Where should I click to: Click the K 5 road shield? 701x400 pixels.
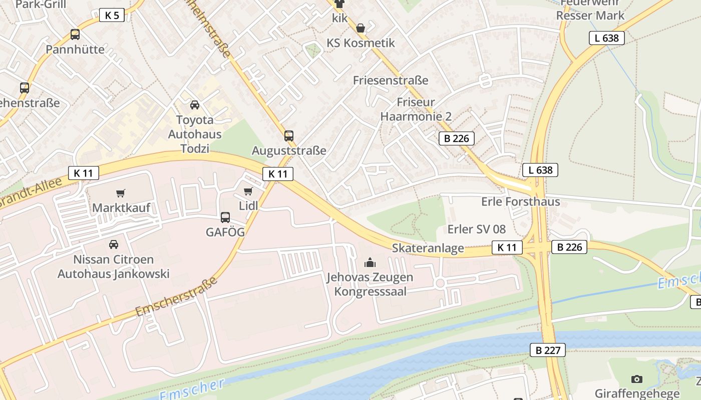[112, 15]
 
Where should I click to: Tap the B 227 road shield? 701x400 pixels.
[548, 350]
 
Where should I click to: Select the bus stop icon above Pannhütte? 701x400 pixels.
[75, 34]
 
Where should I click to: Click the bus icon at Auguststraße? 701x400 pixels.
[289, 135]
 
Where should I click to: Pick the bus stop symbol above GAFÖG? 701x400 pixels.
[225, 217]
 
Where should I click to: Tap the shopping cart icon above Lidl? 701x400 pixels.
[248, 191]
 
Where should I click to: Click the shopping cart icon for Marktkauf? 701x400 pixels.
[121, 193]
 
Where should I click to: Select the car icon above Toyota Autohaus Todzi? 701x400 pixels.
[195, 104]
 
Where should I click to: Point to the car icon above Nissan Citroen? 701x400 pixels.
[114, 244]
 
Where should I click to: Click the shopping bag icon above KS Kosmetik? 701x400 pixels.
[361, 28]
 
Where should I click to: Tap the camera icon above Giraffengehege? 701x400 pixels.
[637, 379]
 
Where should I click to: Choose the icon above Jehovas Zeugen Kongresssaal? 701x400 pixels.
[370, 262]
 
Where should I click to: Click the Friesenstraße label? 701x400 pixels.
[391, 80]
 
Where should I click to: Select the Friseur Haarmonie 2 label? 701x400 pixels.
[416, 109]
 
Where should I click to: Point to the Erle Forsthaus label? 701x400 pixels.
[520, 201]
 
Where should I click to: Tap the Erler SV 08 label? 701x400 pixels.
[476, 229]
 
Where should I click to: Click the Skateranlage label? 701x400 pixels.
[428, 248]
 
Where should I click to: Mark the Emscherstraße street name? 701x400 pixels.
[177, 296]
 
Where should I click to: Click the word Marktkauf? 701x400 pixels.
[121, 207]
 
